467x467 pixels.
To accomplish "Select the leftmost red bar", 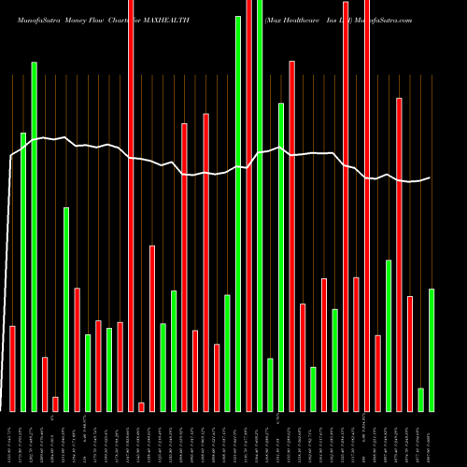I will click(x=12, y=368).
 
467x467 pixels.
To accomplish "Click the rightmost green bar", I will click(x=432, y=349).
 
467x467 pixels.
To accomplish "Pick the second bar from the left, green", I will click(x=23, y=272).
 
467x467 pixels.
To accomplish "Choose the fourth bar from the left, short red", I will click(x=45, y=384).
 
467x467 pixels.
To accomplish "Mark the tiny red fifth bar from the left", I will click(x=55, y=403).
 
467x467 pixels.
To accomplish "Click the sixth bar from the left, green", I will click(x=66, y=309).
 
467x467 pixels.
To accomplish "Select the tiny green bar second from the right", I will click(x=421, y=399).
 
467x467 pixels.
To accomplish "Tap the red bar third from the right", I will click(x=410, y=353).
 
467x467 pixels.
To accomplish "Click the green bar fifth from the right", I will click(x=389, y=335).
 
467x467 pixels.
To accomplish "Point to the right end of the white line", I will click(x=431, y=177).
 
